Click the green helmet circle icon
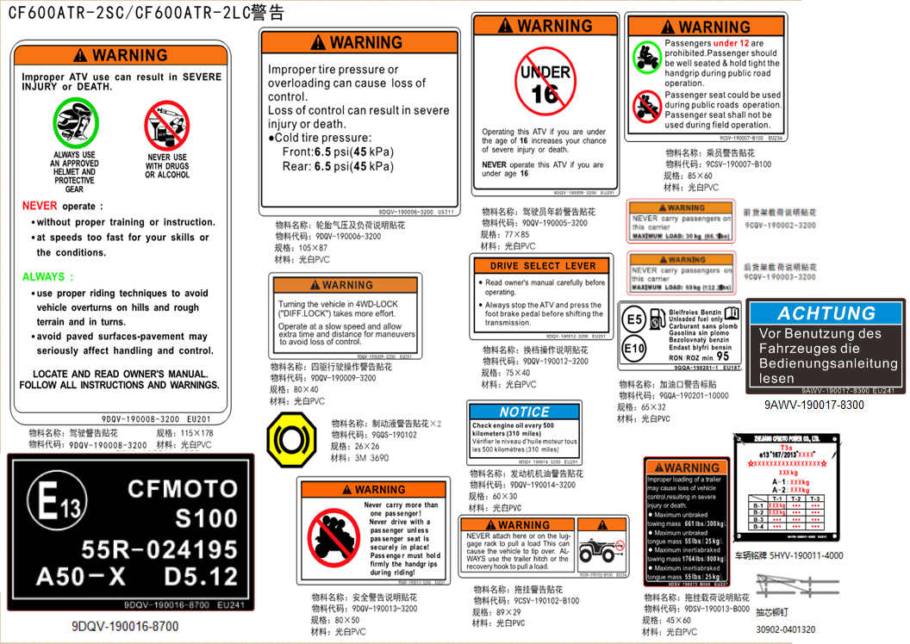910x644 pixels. point(76,123)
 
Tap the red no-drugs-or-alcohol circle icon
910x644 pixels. point(166,126)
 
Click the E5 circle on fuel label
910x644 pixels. point(634,320)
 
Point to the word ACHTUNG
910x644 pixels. point(826,313)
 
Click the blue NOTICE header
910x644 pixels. point(524,412)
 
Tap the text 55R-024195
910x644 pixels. point(159,549)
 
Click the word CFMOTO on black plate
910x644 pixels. point(182,489)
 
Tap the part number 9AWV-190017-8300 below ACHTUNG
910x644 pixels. point(813,405)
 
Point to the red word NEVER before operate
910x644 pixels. point(40,207)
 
